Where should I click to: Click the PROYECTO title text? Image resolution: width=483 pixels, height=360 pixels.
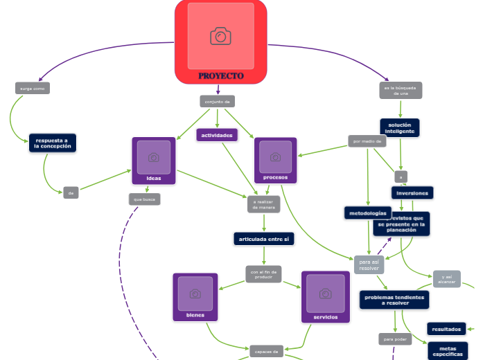[x=220, y=75]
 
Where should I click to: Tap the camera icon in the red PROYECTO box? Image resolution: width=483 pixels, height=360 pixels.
[x=220, y=36]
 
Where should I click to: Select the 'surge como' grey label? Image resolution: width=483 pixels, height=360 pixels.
[x=33, y=89]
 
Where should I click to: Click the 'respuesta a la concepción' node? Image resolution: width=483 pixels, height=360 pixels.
[x=53, y=143]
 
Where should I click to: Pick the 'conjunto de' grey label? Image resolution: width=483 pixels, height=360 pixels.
[x=218, y=102]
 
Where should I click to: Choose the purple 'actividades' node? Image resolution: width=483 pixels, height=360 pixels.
[x=217, y=135]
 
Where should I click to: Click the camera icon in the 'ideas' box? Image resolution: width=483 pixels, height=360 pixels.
[x=154, y=157]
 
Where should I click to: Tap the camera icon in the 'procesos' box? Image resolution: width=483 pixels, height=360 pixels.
[x=275, y=157]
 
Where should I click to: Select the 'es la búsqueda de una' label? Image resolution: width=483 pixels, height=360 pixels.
[x=401, y=91]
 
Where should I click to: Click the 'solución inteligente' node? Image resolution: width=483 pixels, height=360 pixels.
[x=400, y=127]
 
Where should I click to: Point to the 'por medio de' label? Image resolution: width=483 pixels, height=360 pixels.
[x=367, y=141]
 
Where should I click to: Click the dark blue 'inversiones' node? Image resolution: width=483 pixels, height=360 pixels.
[x=412, y=192]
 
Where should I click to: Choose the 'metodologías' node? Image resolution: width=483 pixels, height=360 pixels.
[x=368, y=213]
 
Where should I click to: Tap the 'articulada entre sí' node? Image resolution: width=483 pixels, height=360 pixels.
[x=264, y=239]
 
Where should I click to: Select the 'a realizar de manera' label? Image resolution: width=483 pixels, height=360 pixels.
[x=263, y=204]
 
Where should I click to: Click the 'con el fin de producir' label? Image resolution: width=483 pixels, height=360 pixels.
[x=263, y=273]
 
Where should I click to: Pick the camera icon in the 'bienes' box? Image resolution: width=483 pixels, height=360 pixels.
[x=195, y=294]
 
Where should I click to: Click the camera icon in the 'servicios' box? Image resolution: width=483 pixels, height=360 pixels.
[x=325, y=294]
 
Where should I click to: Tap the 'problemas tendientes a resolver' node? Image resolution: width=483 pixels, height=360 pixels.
[x=394, y=300]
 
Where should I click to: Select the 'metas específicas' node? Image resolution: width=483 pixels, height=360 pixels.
[x=448, y=351]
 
